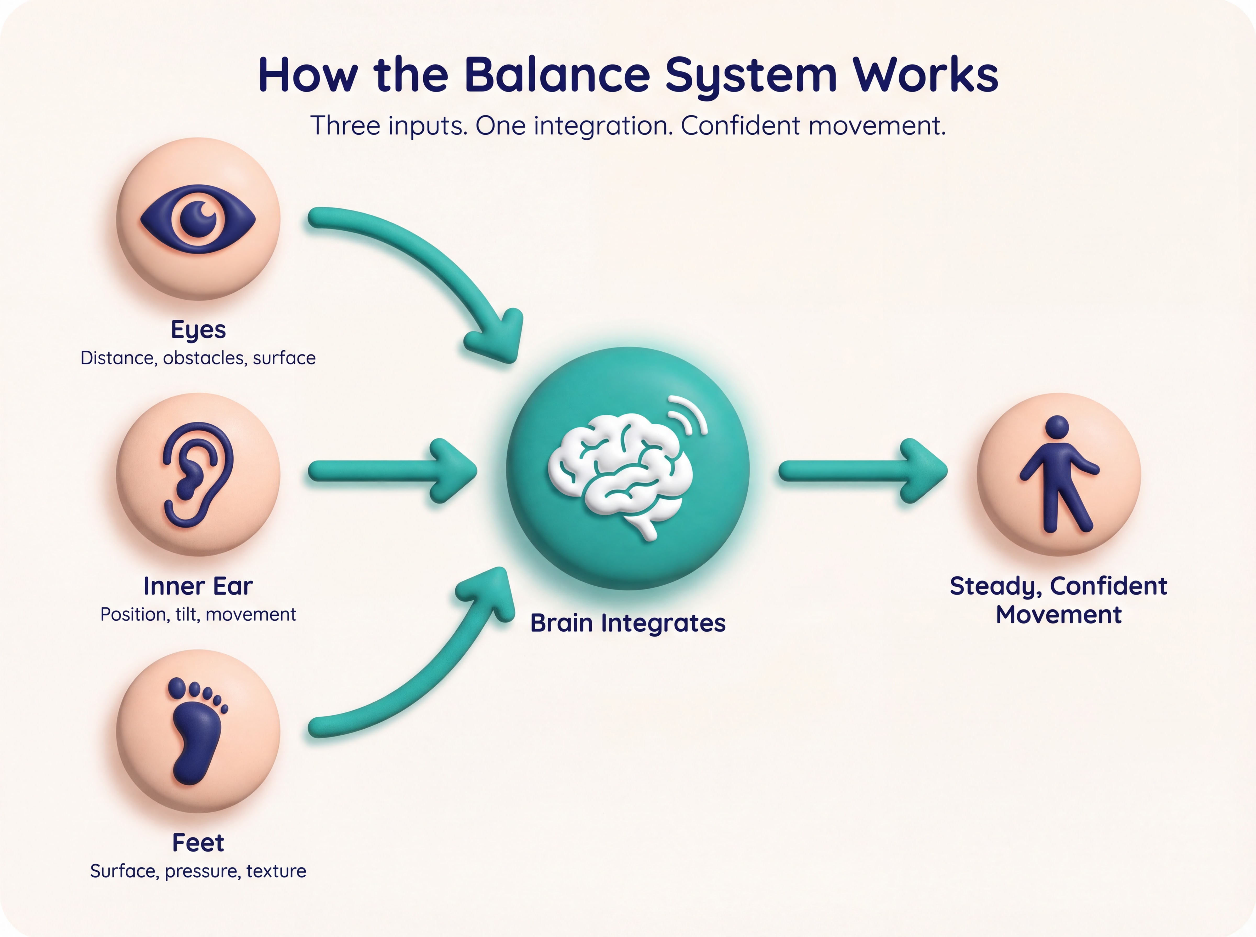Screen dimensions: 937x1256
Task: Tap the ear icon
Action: pos(198,474)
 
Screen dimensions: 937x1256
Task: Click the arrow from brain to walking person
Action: pos(863,471)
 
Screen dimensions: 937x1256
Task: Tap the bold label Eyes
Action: pos(198,329)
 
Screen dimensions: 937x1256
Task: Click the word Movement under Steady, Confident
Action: pos(1058,615)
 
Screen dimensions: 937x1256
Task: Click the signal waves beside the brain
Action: pos(689,414)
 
